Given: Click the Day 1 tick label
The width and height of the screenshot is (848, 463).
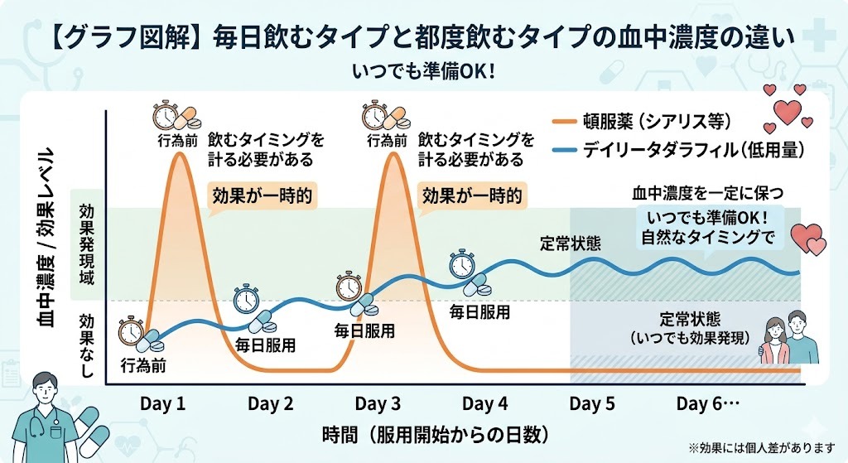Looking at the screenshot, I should (x=162, y=404).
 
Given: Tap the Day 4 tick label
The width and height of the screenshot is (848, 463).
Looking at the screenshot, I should (x=484, y=404).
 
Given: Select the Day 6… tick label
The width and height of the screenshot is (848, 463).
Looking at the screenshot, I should (x=706, y=404).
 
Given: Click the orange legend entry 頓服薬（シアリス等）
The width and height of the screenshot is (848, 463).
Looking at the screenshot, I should (x=663, y=122).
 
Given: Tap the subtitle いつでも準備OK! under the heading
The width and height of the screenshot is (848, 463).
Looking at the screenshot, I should (x=423, y=71).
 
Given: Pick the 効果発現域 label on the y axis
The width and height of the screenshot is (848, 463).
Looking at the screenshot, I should (x=85, y=245).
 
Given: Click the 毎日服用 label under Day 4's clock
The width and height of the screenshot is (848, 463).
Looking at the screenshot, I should (x=479, y=312).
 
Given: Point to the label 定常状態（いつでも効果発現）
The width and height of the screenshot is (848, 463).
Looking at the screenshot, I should (x=689, y=329).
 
